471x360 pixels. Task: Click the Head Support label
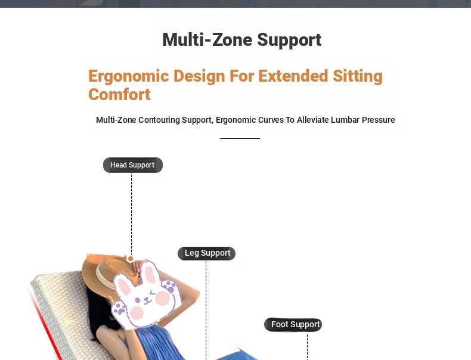133,165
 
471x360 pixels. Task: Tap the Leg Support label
207,253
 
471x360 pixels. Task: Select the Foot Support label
293,325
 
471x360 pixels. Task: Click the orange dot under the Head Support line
131,259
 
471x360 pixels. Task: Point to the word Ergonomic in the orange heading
129,76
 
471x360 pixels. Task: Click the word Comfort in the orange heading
119,95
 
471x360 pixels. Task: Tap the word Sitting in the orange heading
358,76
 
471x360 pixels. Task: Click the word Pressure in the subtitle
378,120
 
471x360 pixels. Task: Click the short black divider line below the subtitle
240,138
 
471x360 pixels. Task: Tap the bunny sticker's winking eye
153,292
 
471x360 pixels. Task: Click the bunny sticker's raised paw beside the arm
169,285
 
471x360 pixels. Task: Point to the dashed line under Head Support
131,214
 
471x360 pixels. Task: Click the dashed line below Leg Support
206,310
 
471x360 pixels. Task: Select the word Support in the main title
289,40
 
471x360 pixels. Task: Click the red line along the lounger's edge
45,324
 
